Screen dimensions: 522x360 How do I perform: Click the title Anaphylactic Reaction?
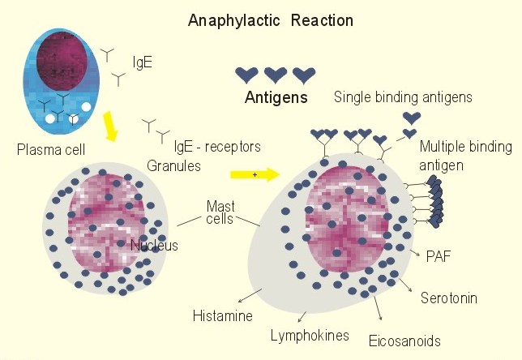270,19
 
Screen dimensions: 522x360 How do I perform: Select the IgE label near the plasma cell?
143,61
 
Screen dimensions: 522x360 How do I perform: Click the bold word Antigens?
276,98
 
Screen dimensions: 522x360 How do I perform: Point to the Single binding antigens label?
403,97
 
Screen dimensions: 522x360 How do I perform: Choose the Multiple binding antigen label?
465,154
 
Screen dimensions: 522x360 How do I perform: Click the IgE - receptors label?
217,147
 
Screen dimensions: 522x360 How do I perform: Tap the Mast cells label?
220,213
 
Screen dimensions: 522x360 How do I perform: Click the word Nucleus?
154,245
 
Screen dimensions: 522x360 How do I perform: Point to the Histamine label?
223,315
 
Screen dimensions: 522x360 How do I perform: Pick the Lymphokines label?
310,335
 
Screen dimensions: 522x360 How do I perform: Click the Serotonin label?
448,298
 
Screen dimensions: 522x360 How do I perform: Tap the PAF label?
438,255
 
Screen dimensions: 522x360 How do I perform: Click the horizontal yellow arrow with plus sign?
254,174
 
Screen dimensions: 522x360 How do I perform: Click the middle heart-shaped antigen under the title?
276,75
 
